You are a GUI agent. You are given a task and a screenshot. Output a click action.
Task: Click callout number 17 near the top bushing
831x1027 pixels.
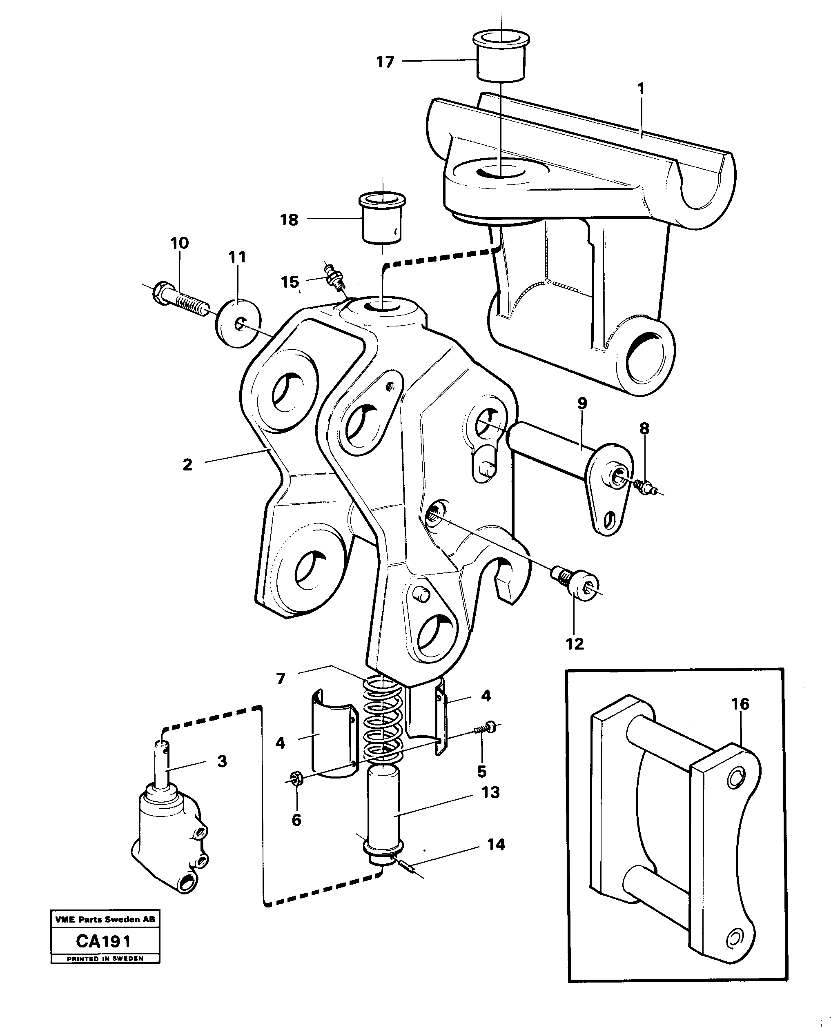(385, 62)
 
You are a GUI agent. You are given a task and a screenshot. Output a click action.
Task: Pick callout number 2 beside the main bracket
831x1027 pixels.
(187, 464)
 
